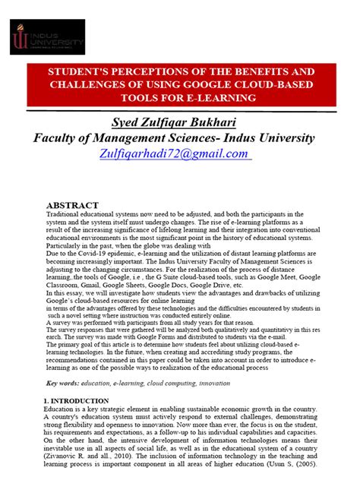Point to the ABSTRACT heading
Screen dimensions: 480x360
coord(72,206)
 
